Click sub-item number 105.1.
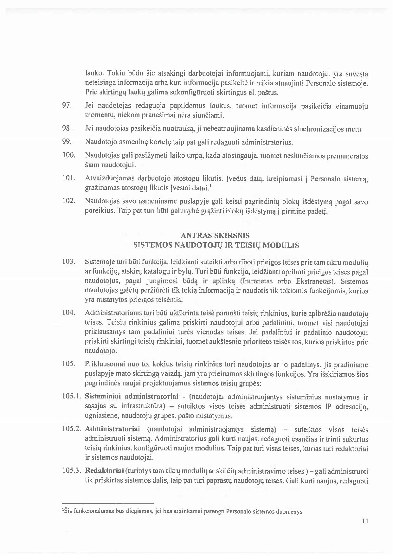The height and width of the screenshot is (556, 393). [x=72, y=397]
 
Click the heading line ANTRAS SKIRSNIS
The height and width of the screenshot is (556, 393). [x=215, y=236]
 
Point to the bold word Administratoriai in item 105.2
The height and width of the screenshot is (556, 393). [x=113, y=430]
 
